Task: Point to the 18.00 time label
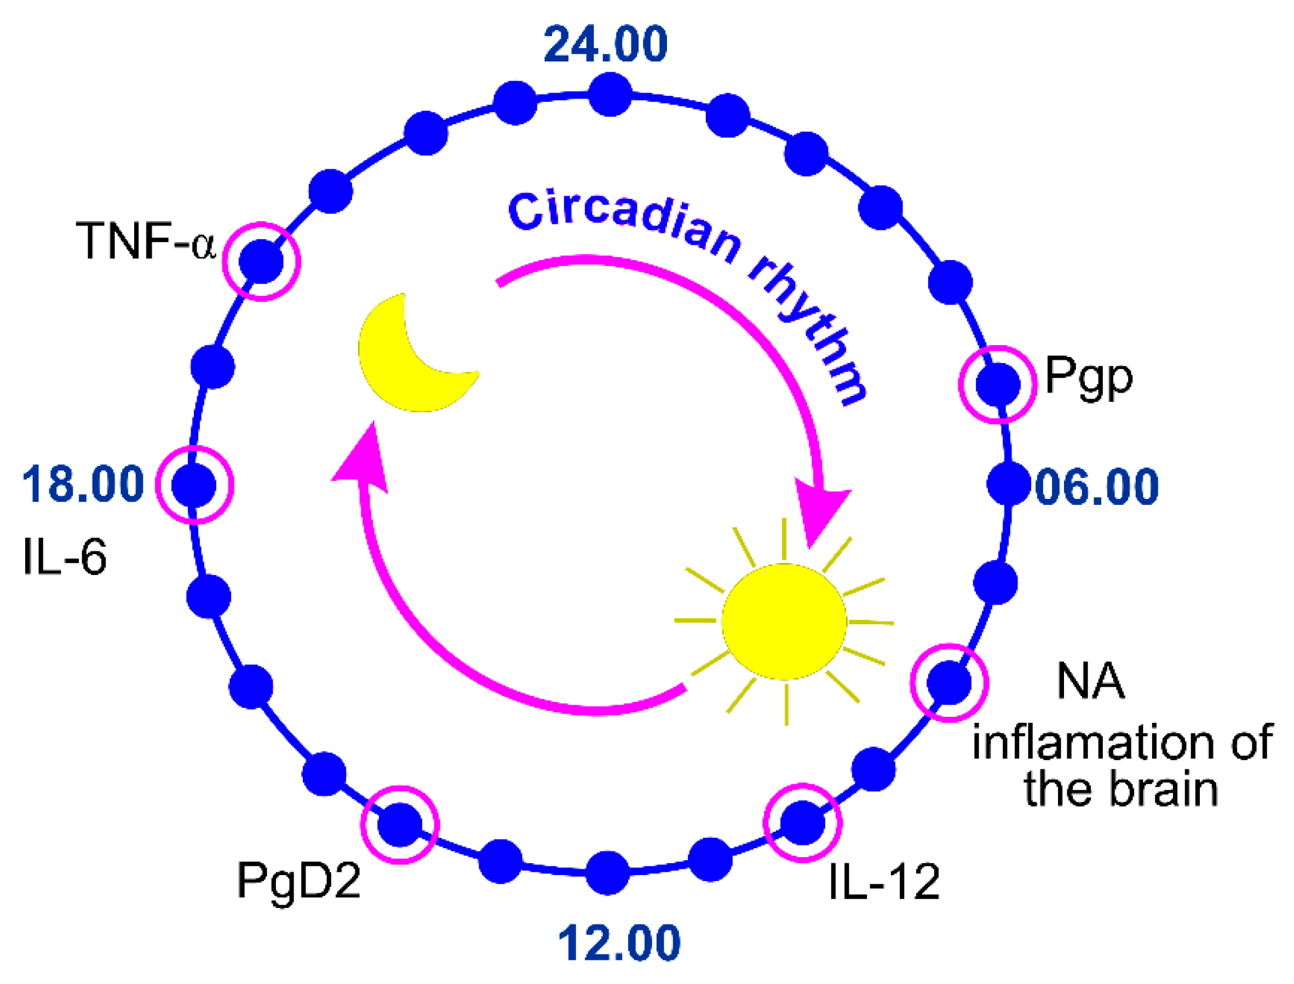83,484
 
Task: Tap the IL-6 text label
65,556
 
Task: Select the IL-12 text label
884,882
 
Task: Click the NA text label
1091,681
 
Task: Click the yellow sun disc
784,622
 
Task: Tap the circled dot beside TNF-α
261,261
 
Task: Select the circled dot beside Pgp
998,384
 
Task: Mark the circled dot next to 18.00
194,485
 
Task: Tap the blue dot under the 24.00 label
610,94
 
